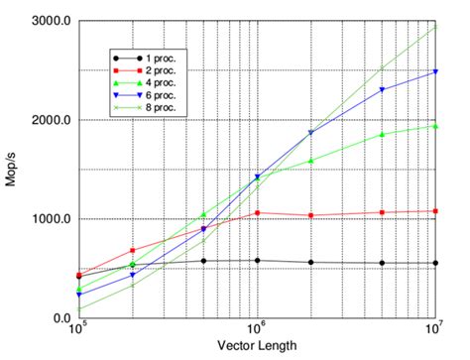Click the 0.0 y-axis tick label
59,318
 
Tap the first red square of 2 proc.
78,275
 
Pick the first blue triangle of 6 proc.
78,295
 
